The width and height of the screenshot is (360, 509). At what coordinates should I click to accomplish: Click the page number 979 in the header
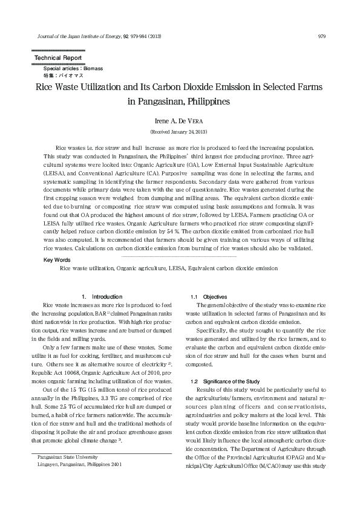tap(322, 36)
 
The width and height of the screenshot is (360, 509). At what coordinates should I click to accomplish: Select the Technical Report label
tap(54, 57)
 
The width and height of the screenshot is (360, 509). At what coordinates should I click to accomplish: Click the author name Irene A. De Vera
tap(179, 122)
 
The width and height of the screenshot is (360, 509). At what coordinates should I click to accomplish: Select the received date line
tap(179, 131)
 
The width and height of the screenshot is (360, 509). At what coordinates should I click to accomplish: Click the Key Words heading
tap(57, 259)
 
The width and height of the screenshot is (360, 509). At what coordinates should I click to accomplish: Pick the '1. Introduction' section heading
tap(102, 297)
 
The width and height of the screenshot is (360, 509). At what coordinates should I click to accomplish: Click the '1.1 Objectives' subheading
tap(209, 297)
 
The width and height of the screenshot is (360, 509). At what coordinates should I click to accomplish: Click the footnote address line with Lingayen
tap(79, 465)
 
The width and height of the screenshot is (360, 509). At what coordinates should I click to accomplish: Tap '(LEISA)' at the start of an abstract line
tap(56, 172)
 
